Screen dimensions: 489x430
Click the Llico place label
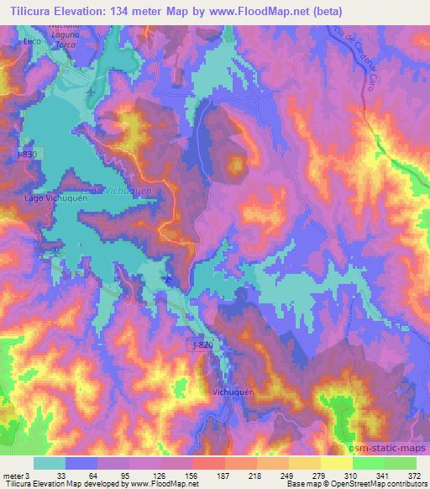[x=33, y=39]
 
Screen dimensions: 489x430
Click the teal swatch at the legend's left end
[x=50, y=463]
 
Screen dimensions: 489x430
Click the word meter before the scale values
[x=13, y=476]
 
